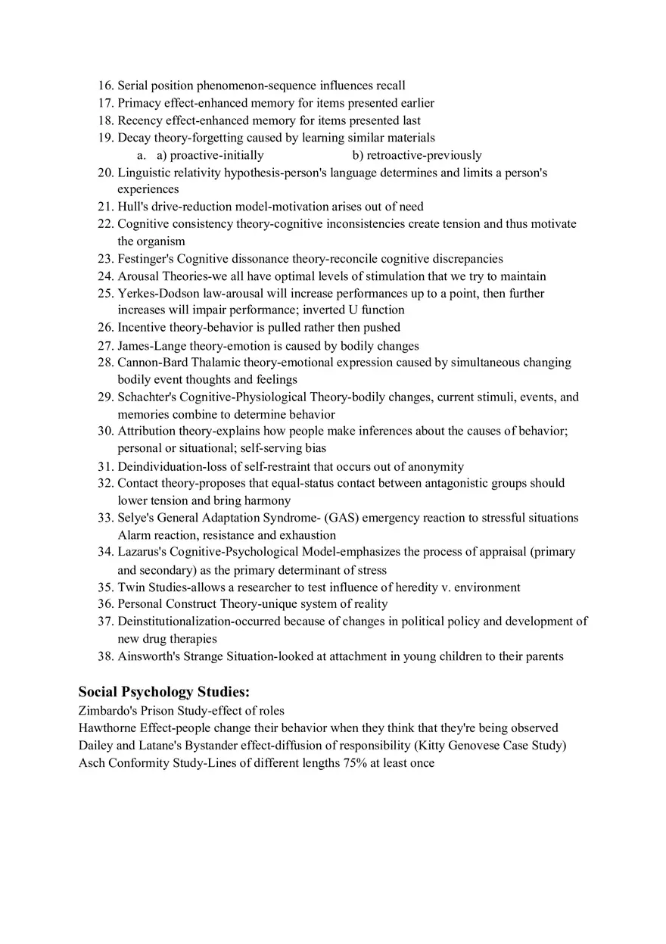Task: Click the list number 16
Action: coord(105,86)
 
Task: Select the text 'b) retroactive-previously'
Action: coord(416,155)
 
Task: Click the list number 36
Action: coord(105,604)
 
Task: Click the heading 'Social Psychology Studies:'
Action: coord(163,692)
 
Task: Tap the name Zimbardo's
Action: coord(106,711)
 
